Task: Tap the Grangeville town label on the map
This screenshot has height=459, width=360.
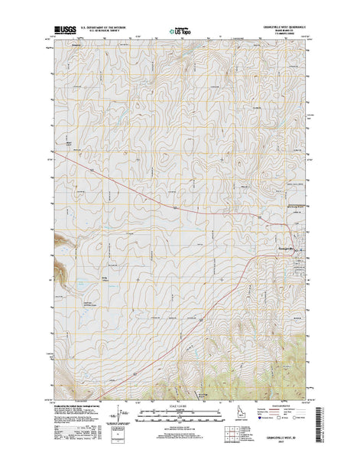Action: [x=294, y=256]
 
